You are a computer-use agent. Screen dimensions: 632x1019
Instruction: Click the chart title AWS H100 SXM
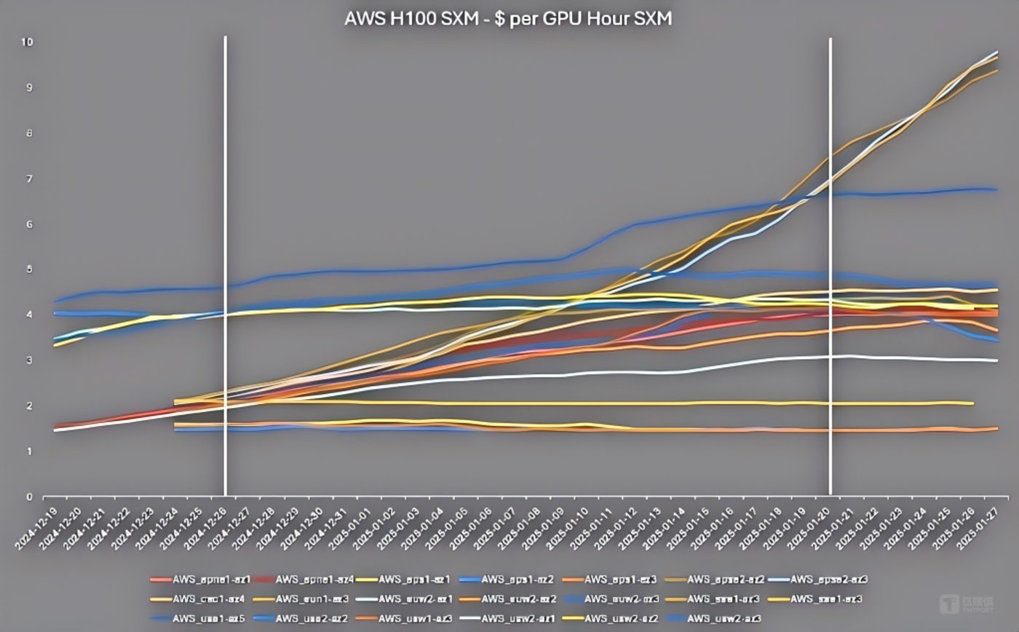(x=508, y=19)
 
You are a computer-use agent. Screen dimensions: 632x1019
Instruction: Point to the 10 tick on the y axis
(x=28, y=42)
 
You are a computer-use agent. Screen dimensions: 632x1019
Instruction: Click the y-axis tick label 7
(x=30, y=179)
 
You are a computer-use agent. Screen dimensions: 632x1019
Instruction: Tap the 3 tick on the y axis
(x=30, y=360)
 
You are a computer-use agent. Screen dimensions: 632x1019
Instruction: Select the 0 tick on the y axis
(x=30, y=497)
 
